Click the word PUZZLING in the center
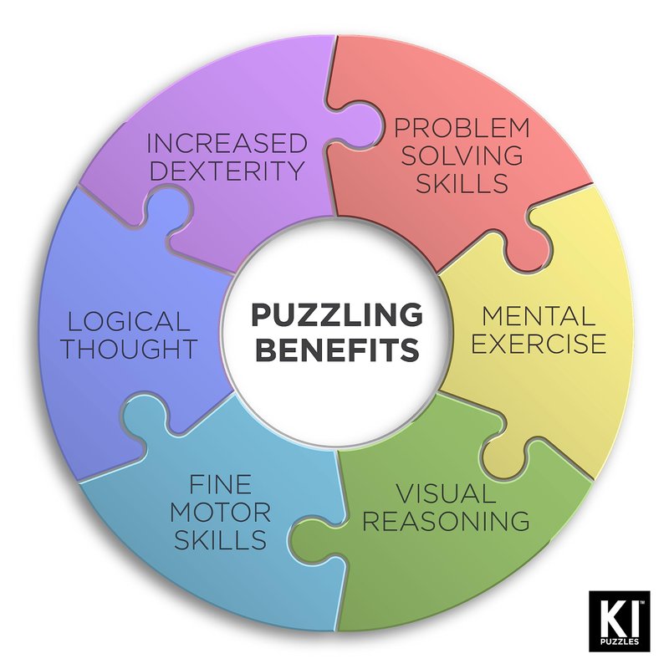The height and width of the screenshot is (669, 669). (336, 315)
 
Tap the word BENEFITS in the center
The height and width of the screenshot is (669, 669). (336, 349)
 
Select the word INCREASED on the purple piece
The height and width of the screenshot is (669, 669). (227, 142)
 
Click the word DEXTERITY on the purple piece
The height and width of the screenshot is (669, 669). (227, 171)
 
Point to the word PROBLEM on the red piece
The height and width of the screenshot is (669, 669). (462, 128)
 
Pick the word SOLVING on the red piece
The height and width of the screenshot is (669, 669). (462, 156)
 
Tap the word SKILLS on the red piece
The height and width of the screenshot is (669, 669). (462, 183)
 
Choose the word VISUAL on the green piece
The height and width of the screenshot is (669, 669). (446, 493)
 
